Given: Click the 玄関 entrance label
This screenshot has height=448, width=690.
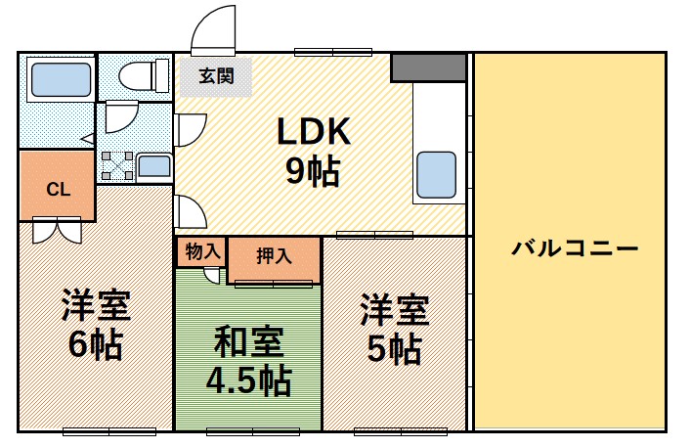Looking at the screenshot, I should pos(214,75).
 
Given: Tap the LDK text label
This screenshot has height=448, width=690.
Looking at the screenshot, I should pos(313,131).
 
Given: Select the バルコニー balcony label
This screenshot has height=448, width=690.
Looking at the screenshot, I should pos(576,248).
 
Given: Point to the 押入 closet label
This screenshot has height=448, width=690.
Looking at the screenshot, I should pos(274,257).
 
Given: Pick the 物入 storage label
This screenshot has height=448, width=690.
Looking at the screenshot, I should pos(201,251).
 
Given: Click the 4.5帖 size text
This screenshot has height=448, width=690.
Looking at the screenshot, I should pos(249,381).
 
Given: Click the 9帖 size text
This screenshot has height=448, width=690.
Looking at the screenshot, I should pos(313,171).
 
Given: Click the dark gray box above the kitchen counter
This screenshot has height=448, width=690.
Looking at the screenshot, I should pos(428,67).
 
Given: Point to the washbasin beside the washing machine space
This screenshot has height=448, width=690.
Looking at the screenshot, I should pos(153,164).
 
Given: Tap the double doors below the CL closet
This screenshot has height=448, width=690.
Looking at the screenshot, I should pos(57,232).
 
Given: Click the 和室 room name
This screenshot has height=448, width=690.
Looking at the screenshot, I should pos(249,341).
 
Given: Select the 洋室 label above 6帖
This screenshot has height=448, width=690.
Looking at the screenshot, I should pos(95,306).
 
